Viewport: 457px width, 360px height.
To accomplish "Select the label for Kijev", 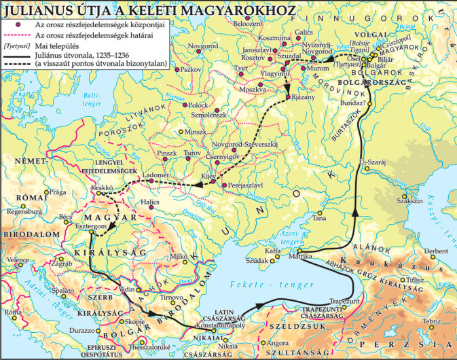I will [x=207, y=176].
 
